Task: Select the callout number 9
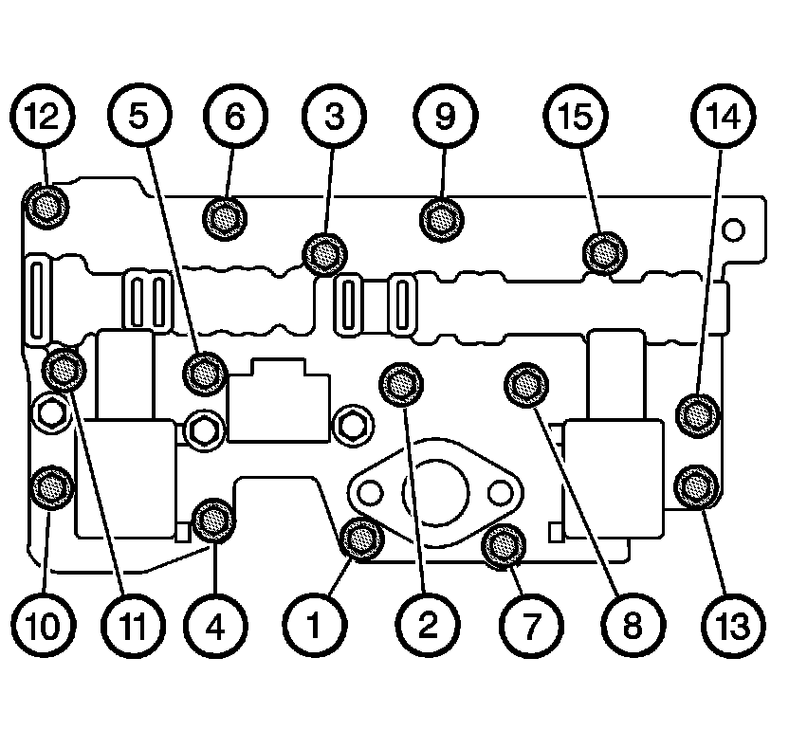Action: click(445, 118)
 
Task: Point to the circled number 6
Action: click(234, 118)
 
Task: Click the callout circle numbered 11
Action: click(136, 625)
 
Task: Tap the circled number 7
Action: click(527, 625)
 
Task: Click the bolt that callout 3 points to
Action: click(322, 253)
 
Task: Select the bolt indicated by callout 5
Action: click(204, 374)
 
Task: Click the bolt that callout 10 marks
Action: click(49, 486)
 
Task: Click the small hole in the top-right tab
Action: click(731, 229)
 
